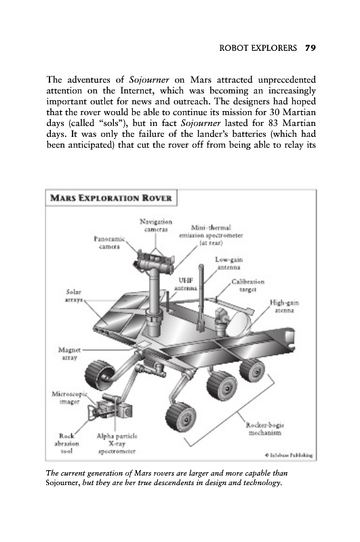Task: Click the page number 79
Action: [x=311, y=47]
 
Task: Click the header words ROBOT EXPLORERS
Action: [x=258, y=47]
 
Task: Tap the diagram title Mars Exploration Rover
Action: [x=111, y=198]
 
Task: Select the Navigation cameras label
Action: [x=156, y=226]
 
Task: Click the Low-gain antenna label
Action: [x=228, y=263]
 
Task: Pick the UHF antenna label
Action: [x=186, y=284]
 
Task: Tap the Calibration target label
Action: [x=247, y=285]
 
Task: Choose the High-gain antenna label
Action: [x=284, y=307]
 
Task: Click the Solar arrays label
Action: [x=73, y=296]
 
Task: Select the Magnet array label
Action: [x=69, y=354]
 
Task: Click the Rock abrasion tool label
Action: [x=66, y=444]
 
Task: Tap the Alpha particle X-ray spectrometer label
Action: [x=117, y=444]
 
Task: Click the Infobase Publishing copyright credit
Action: [x=289, y=455]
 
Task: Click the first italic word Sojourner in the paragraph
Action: [x=149, y=80]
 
